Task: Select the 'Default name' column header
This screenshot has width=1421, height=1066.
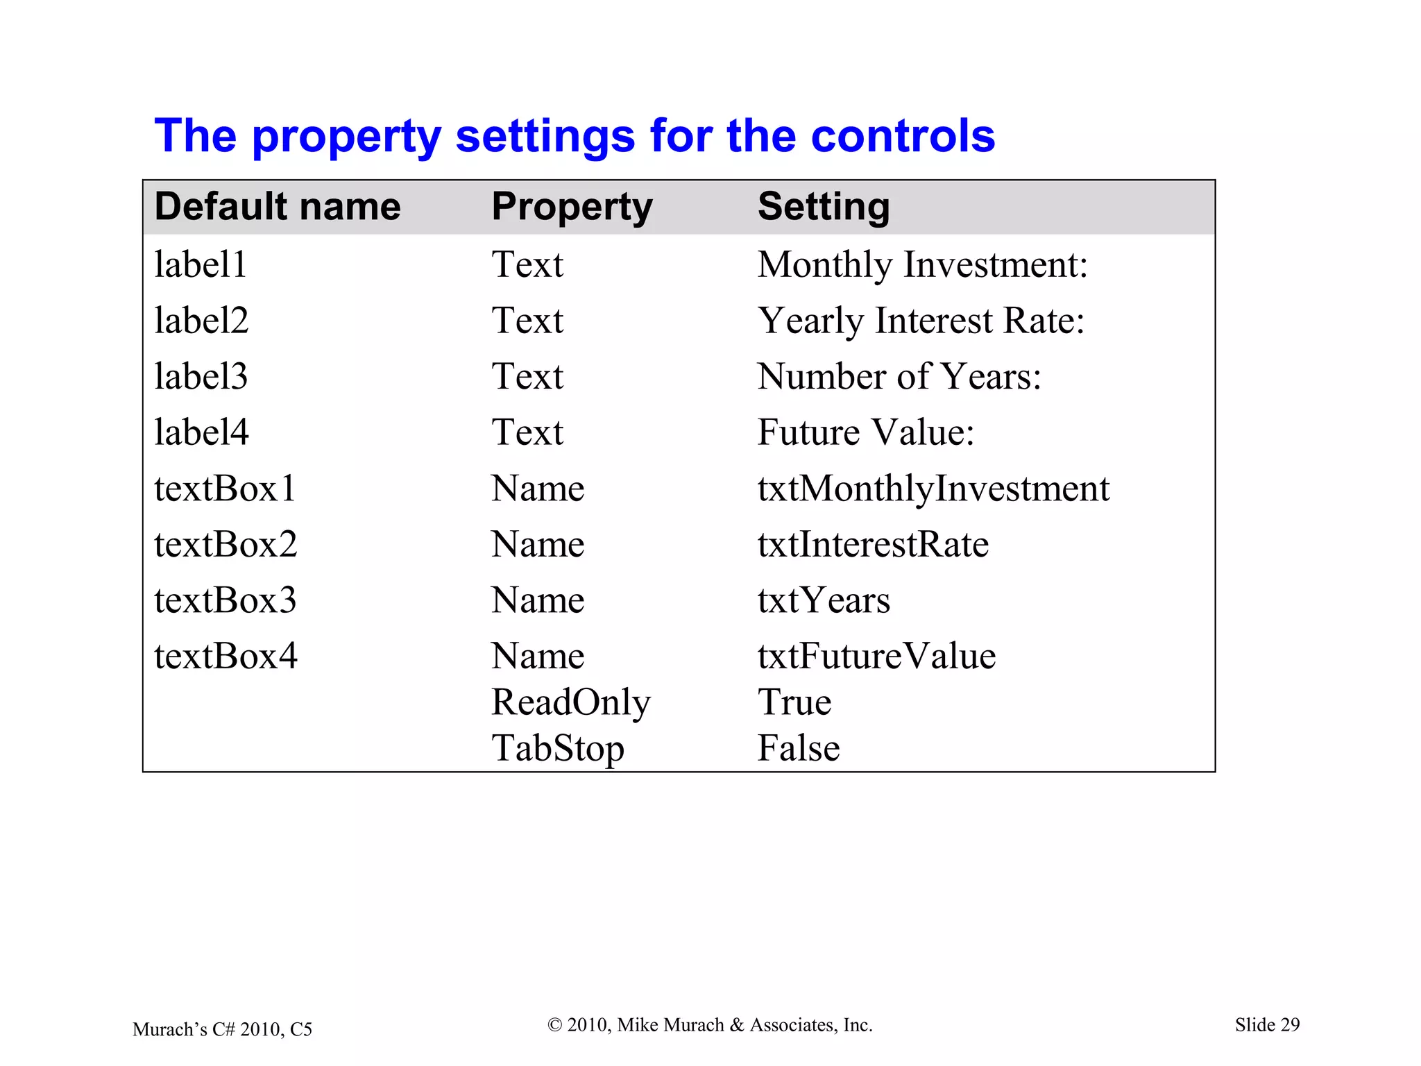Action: click(278, 207)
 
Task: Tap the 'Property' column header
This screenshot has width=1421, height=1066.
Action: click(572, 207)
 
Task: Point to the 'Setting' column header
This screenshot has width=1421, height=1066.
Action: click(823, 207)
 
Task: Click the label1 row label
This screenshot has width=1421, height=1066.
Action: click(201, 264)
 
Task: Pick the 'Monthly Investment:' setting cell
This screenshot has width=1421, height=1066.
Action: click(922, 264)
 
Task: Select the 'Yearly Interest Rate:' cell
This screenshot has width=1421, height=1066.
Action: click(920, 321)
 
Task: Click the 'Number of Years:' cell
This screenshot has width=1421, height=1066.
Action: click(899, 376)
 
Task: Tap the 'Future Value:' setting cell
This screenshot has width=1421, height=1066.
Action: click(866, 432)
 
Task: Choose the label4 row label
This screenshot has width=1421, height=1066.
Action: click(201, 432)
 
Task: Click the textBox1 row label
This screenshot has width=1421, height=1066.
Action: click(225, 489)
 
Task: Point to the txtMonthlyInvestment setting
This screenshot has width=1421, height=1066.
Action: click(933, 489)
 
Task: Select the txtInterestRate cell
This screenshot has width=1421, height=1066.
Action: click(873, 544)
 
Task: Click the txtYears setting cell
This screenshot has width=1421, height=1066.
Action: click(824, 600)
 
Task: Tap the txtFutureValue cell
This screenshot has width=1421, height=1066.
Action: click(876, 656)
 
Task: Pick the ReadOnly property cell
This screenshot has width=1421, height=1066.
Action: click(571, 702)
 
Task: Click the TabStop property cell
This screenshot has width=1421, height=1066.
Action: click(558, 748)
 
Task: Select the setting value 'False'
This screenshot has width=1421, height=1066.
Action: click(799, 748)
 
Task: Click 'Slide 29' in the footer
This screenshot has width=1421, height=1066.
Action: click(1267, 1025)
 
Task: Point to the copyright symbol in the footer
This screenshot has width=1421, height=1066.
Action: click(554, 1025)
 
